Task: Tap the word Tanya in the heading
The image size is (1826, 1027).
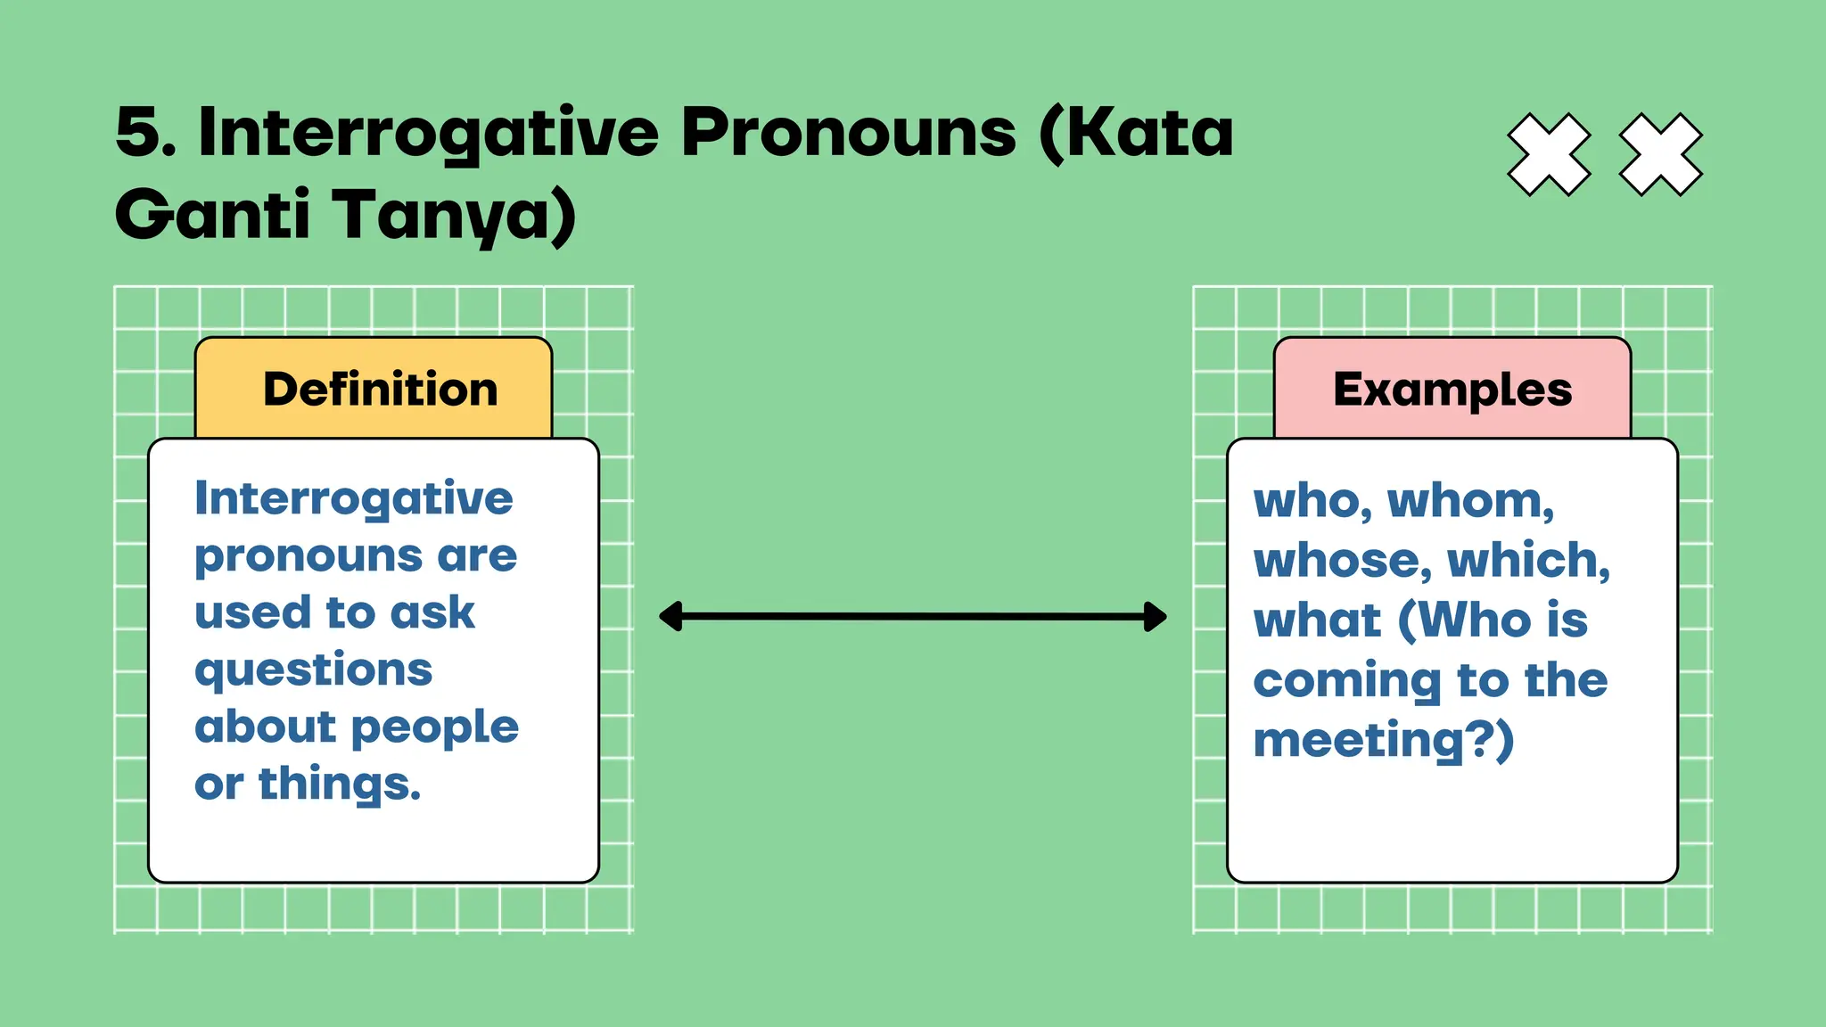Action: click(455, 215)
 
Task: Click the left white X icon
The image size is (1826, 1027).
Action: click(1549, 154)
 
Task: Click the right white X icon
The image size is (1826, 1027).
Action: click(1660, 154)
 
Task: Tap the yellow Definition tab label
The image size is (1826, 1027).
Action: click(380, 390)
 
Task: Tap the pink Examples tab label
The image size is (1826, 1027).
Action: click(1452, 390)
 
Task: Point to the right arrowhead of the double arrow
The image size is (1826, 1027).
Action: click(1156, 616)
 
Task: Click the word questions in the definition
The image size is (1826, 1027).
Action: click(314, 670)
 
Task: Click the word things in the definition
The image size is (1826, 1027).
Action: click(339, 785)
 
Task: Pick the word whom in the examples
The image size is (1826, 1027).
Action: click(1470, 501)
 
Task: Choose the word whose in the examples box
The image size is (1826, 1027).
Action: click(1342, 561)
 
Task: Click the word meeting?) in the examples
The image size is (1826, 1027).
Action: click(1383, 741)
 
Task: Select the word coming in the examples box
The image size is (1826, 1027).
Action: click(1346, 682)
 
